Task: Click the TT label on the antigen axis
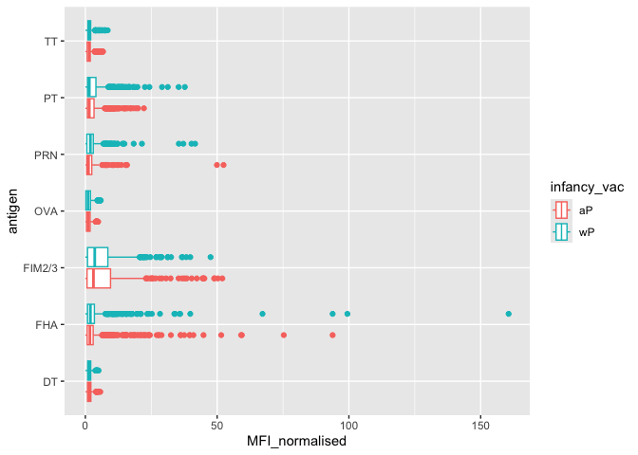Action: pos(51,41)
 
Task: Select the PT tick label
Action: pos(52,98)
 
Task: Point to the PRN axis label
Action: pos(48,155)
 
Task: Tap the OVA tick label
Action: pos(48,211)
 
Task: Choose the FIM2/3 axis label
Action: pos(43,268)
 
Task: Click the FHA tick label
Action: pos(48,325)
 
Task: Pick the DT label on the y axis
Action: pos(52,382)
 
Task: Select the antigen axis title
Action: pos(11,210)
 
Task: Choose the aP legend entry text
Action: pos(585,209)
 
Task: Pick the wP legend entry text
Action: pos(586,230)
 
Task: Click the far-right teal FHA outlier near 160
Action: pos(509,314)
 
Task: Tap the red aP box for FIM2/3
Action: pos(99,278)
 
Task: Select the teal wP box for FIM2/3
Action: pos(97,257)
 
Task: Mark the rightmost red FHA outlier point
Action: pos(332,335)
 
